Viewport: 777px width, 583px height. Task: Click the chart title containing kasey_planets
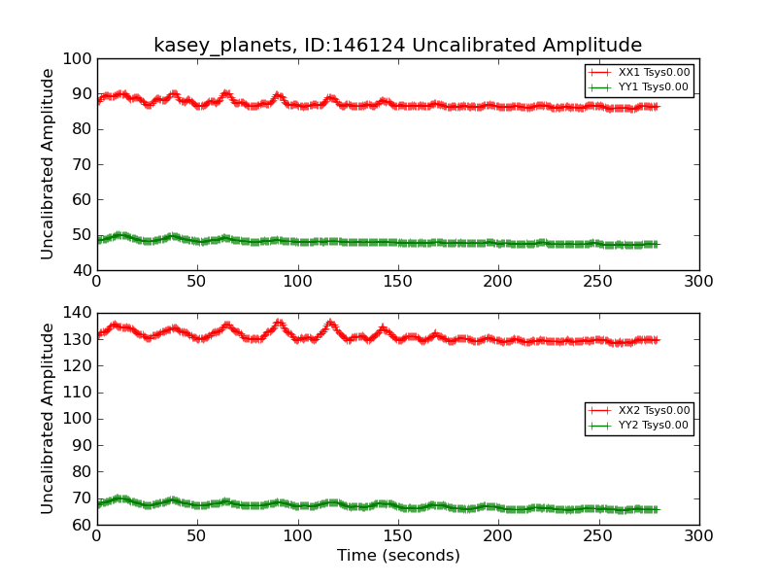397,46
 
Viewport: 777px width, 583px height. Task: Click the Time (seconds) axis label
398,556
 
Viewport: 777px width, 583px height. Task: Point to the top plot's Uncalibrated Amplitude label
48,164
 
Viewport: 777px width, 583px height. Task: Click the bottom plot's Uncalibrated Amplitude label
48,419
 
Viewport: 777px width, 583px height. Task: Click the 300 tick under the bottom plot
698,535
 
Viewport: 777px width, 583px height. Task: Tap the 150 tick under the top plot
397,281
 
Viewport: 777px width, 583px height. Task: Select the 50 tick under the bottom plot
196,535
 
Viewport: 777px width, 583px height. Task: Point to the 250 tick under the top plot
598,281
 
